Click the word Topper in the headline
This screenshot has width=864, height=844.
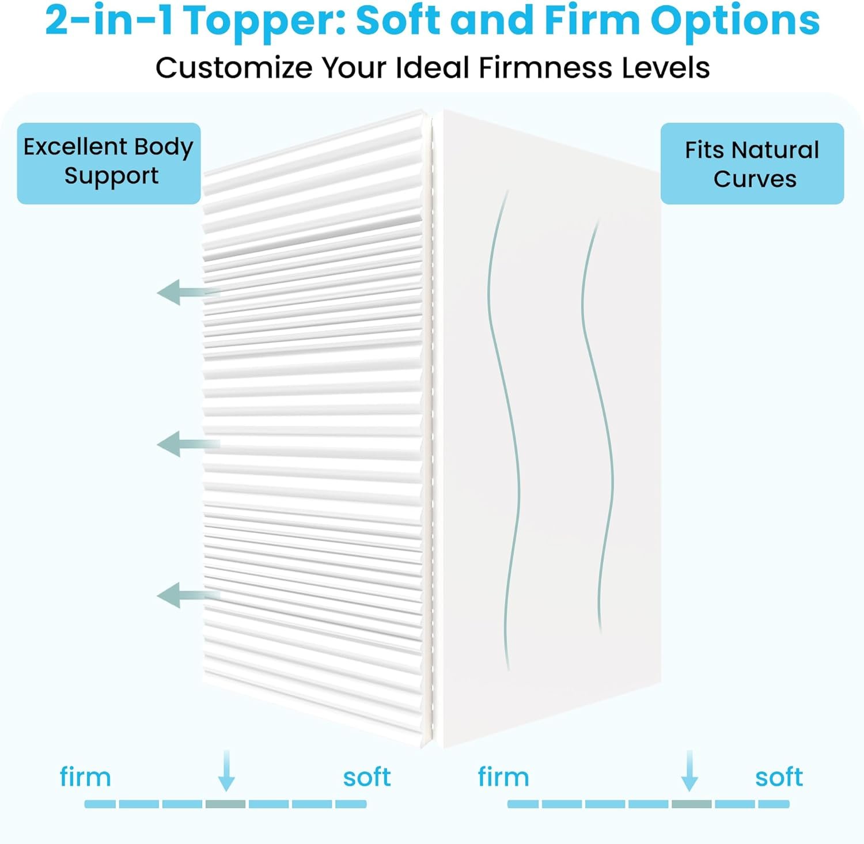(265, 22)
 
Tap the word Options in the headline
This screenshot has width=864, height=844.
(735, 22)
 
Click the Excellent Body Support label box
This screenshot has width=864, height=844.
(109, 164)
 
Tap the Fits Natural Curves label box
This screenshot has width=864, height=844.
(752, 164)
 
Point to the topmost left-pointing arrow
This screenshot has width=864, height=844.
(188, 292)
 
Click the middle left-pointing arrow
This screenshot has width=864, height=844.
(188, 444)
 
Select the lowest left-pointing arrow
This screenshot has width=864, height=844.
(188, 595)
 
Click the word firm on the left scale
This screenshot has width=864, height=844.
(85, 777)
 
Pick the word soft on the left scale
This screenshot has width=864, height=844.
(367, 778)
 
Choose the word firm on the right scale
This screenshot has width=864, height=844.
(503, 777)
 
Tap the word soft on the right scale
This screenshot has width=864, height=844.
(779, 778)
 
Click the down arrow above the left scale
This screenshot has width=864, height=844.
(226, 771)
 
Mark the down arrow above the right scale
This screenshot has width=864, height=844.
(689, 771)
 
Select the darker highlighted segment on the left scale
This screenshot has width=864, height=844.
(226, 804)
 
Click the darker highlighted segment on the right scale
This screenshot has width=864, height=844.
(692, 804)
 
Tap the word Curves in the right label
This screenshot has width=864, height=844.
(755, 179)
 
